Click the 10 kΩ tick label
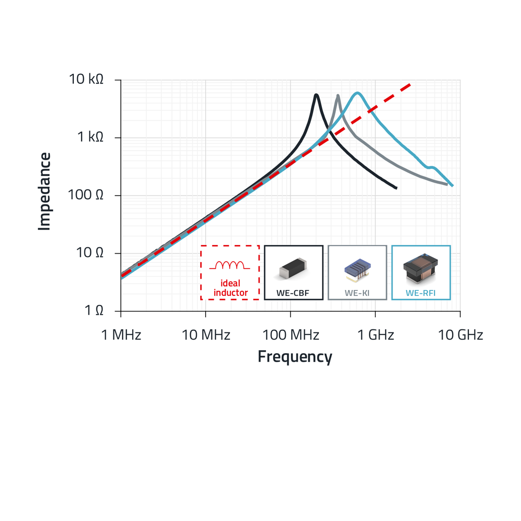click(86, 79)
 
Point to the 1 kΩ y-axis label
click(90, 137)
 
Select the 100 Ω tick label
click(86, 195)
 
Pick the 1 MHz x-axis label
click(121, 335)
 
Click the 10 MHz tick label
click(206, 335)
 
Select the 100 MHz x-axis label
click(290, 335)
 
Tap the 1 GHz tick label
click(375, 335)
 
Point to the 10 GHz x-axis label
click(460, 335)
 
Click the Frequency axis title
click(295, 356)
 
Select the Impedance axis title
click(44, 191)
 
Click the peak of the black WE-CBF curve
click(316, 95)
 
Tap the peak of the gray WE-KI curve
click(338, 96)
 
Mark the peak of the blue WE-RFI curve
click(357, 93)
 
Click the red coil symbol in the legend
click(230, 265)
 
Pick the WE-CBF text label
click(293, 293)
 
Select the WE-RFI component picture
click(421, 268)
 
